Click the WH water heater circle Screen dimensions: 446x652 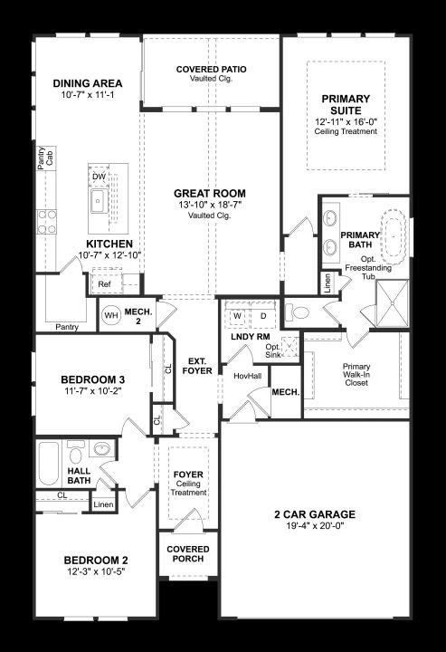point(111,315)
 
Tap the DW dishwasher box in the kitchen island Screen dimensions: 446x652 point(99,177)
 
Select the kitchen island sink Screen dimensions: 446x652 point(99,201)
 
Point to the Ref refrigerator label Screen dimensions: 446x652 point(104,284)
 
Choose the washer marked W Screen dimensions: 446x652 point(238,316)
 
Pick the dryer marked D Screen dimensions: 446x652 point(263,316)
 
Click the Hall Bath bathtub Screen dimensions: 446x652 point(49,464)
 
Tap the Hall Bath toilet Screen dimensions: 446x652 point(76,452)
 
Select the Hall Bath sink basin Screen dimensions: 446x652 point(102,448)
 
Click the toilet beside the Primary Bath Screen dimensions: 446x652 point(298,312)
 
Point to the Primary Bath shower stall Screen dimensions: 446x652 point(392,303)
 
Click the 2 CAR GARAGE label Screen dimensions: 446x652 point(315,514)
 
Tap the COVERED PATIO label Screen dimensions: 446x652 point(212,70)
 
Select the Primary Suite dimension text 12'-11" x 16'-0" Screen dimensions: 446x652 point(346,121)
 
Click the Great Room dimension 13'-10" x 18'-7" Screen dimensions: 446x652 point(210,205)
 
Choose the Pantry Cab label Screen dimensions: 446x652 point(45,158)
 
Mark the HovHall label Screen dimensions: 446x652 point(248,376)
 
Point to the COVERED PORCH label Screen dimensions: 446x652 point(188,554)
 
